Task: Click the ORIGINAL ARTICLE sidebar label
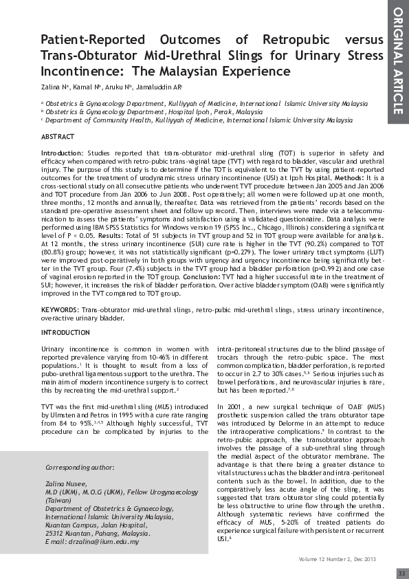[397, 61]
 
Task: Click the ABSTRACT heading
[58, 138]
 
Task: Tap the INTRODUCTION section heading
[65, 332]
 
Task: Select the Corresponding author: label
[79, 467]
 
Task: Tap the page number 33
[401, 573]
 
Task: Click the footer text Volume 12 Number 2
[326, 559]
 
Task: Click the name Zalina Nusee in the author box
[65, 484]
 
